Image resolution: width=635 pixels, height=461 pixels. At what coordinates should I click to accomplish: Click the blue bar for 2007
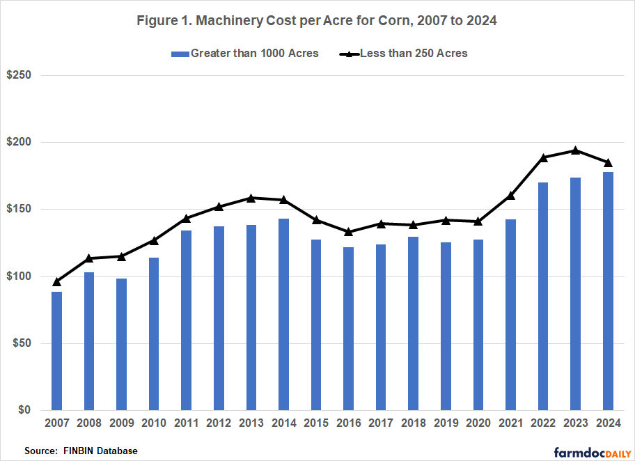[x=56, y=351]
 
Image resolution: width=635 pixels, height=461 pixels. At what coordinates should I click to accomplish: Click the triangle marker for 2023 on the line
[x=575, y=150]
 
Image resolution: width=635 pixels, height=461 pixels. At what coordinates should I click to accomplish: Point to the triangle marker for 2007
[x=56, y=282]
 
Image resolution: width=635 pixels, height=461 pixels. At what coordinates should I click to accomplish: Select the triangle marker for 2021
[x=510, y=196]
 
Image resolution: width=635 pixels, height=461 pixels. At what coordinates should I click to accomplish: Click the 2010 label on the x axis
[x=155, y=423]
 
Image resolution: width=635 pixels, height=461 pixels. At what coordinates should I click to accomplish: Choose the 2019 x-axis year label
[x=445, y=423]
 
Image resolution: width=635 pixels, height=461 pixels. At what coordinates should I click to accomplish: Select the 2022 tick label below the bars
[x=542, y=423]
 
